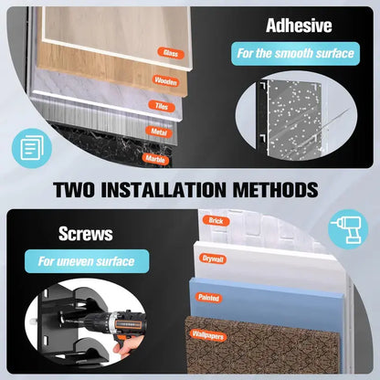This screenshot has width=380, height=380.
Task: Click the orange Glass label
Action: [171, 53]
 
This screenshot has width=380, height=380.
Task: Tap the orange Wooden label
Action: [165, 81]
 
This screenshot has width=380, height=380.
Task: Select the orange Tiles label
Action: [162, 106]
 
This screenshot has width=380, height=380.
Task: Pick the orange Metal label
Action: [159, 132]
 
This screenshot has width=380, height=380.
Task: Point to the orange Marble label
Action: [155, 159]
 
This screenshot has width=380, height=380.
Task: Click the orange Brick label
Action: [216, 221]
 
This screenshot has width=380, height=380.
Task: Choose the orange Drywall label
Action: [213, 259]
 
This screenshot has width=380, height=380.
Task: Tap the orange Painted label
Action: [209, 298]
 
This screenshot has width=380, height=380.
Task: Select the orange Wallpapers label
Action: [208, 335]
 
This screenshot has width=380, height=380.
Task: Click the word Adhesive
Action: [299, 26]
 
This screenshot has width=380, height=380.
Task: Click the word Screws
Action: [86, 234]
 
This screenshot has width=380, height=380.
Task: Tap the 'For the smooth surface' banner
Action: [295, 54]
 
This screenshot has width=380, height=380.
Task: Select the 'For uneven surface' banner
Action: [87, 261]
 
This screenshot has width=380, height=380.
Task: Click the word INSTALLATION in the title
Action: [164, 190]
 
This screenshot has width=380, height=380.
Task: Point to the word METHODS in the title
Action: [276, 190]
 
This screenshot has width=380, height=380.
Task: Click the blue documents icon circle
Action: [32, 148]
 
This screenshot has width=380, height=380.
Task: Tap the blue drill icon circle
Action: [348, 229]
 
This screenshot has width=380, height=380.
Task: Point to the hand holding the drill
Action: [123, 350]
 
